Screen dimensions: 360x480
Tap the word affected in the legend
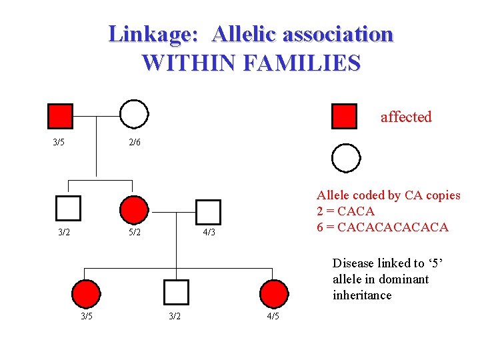point(406,117)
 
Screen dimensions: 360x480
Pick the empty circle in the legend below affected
point(346,158)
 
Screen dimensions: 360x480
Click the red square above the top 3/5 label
point(61,116)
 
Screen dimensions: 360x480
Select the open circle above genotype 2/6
point(134,114)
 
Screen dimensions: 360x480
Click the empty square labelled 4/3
point(209,211)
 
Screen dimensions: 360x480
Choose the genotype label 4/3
point(209,233)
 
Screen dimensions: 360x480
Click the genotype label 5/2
point(135,233)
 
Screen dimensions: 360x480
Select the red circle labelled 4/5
point(273,293)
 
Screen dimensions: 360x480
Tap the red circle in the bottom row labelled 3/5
point(86,293)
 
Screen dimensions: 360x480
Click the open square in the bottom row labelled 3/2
point(176,292)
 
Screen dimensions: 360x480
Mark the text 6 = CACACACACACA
point(382,227)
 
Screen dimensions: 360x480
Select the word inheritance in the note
point(362,295)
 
